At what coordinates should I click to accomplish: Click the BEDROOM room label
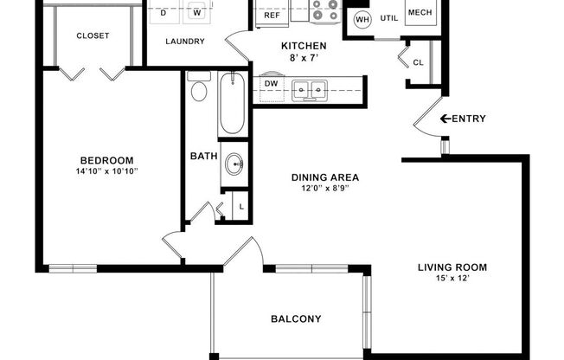pos(106,160)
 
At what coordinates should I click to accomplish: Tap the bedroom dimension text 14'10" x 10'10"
pos(107,171)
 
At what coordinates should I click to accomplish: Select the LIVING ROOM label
pos(452,267)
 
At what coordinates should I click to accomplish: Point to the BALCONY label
pos(296,318)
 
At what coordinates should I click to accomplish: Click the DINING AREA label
pos(324,177)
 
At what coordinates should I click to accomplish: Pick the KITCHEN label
pos(304,46)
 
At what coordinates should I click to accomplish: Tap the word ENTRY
pos(469,119)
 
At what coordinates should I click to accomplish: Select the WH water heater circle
pos(362,18)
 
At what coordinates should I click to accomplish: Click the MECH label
pos(420,13)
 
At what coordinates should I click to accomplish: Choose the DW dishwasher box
pos(271,84)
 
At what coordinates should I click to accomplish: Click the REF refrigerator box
pos(272,15)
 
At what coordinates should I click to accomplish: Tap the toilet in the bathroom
pos(198,91)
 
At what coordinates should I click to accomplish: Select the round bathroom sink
pos(233,164)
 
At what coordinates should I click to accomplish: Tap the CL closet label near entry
pos(418,62)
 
